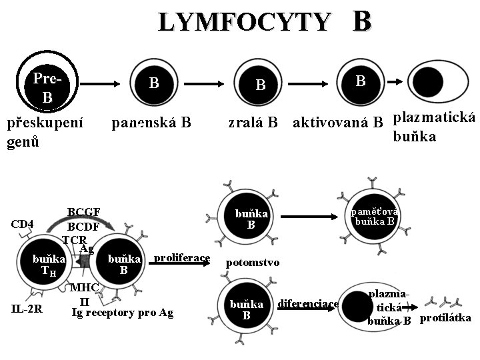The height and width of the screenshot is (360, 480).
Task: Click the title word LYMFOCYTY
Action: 243,23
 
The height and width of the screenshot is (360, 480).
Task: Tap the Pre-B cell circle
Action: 47,86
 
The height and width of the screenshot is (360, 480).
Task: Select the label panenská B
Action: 151,123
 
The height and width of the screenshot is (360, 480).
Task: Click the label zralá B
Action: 253,123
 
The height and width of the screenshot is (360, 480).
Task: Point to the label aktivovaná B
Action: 338,123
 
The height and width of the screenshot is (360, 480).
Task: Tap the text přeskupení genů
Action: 45,132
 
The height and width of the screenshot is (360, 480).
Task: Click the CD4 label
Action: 23,224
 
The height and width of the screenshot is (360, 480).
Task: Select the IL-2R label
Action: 27,308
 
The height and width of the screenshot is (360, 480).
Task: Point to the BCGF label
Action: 84,212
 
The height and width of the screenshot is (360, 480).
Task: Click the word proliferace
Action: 182,258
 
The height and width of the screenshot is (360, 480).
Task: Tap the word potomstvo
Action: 253,263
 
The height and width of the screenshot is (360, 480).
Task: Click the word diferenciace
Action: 308,303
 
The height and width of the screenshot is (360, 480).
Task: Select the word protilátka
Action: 445,318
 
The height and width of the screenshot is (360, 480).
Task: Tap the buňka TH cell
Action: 49,265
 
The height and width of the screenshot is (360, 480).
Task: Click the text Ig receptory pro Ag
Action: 122,312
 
